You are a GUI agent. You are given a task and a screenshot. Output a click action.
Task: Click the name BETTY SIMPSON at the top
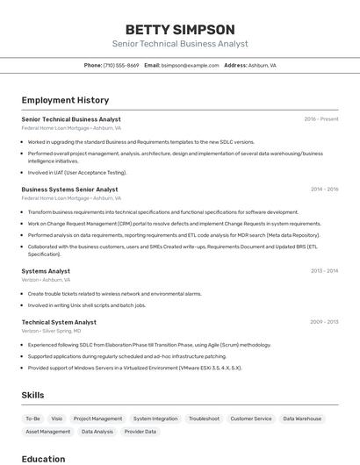pyautogui.click(x=180, y=29)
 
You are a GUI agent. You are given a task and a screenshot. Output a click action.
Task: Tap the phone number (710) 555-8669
pyautogui.click(x=121, y=65)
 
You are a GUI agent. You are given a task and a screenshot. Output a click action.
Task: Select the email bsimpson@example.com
pyautogui.click(x=191, y=65)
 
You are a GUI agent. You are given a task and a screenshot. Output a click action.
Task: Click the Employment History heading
pyautogui.click(x=65, y=100)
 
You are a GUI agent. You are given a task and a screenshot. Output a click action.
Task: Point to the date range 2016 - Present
pyautogui.click(x=321, y=119)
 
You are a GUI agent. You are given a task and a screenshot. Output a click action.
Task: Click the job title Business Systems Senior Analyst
pyautogui.click(x=69, y=190)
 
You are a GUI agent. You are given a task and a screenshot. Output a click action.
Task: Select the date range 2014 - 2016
pyautogui.click(x=324, y=190)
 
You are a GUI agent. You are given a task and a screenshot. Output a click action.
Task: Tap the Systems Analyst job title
pyautogui.click(x=46, y=271)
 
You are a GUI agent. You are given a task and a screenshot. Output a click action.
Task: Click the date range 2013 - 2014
pyautogui.click(x=324, y=271)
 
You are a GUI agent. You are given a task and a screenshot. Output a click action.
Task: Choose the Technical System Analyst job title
pyautogui.click(x=59, y=322)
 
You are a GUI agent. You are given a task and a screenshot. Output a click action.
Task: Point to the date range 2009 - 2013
pyautogui.click(x=324, y=322)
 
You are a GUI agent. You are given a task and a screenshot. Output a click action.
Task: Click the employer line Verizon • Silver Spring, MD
pyautogui.click(x=51, y=331)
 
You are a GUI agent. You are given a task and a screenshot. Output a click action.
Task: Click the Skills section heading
pyautogui.click(x=32, y=396)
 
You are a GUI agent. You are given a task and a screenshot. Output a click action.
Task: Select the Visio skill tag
pyautogui.click(x=56, y=418)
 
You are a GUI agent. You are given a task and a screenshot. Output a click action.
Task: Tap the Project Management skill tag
pyautogui.click(x=97, y=418)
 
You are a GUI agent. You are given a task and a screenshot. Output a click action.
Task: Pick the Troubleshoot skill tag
pyautogui.click(x=204, y=418)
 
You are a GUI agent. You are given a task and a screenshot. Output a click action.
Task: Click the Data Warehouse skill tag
pyautogui.click(x=302, y=418)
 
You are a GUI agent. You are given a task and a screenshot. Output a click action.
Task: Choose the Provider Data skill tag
pyautogui.click(x=140, y=432)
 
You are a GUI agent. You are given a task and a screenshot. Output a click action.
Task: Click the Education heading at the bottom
pyautogui.click(x=43, y=459)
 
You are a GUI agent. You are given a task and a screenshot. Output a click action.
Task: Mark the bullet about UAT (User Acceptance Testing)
pyautogui.click(x=77, y=173)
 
